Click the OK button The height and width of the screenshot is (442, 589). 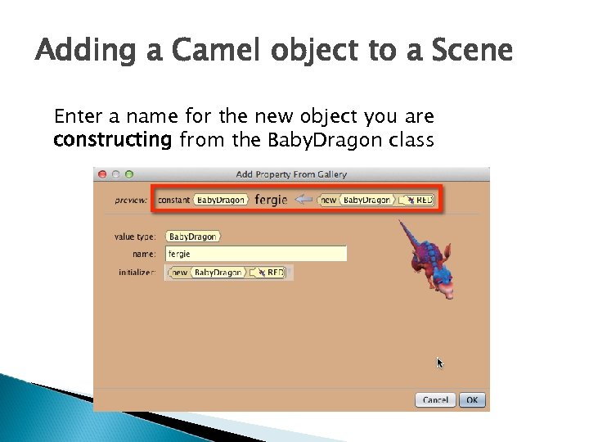click(472, 400)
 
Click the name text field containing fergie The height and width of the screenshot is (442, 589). click(256, 254)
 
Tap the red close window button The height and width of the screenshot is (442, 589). click(102, 174)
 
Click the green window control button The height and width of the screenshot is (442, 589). click(128, 174)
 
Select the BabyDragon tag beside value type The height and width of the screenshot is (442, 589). click(193, 237)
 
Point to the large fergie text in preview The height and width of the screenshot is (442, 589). click(271, 200)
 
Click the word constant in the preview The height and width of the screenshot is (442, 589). click(174, 201)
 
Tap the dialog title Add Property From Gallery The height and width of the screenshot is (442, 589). click(291, 174)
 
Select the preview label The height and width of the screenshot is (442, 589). click(132, 201)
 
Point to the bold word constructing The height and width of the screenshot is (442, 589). click(112, 140)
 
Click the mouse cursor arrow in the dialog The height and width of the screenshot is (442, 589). click(440, 363)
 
